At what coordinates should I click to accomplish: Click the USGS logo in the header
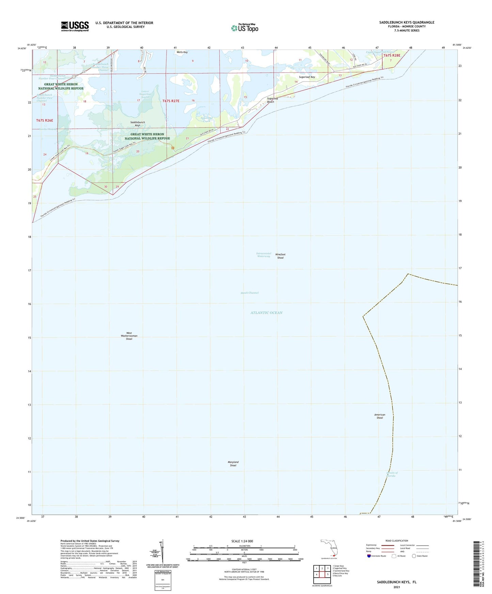click(x=75, y=26)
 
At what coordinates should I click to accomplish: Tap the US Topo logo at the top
click(x=244, y=28)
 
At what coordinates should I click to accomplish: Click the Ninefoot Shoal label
click(x=280, y=256)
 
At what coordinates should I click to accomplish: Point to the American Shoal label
click(x=380, y=416)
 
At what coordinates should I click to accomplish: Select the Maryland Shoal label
click(x=233, y=463)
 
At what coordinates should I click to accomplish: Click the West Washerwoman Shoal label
click(x=129, y=336)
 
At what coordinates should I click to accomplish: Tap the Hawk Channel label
click(x=250, y=293)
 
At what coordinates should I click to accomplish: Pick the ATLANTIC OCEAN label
click(x=266, y=313)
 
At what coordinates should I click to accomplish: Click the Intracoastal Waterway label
click(x=264, y=254)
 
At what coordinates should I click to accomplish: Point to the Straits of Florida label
click(x=392, y=474)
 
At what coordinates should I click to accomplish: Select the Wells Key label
click(x=182, y=52)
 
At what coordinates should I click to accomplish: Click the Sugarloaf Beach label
click(x=270, y=100)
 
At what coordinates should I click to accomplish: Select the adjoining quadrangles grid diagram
click(x=322, y=575)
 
